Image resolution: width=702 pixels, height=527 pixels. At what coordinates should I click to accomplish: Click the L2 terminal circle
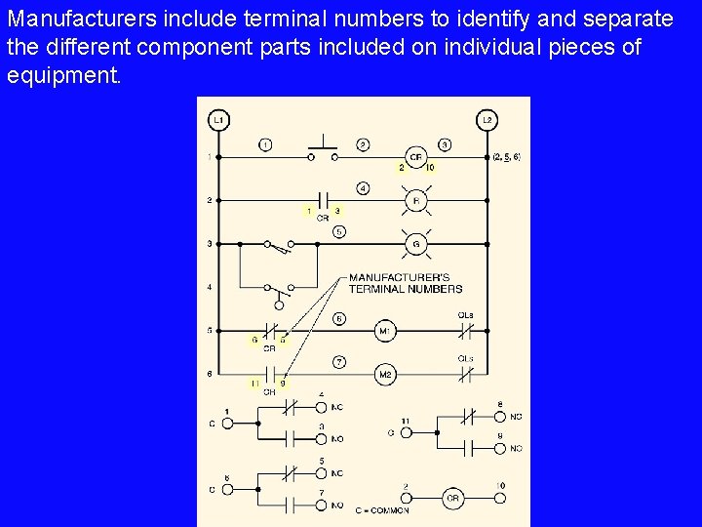(x=487, y=120)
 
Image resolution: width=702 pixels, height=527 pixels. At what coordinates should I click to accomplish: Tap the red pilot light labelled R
(x=415, y=200)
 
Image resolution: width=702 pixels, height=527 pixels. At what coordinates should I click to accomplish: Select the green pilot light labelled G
(x=415, y=242)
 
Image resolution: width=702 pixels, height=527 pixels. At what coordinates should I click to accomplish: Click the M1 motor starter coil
(x=385, y=332)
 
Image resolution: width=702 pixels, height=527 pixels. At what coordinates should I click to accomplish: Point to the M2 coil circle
(x=385, y=375)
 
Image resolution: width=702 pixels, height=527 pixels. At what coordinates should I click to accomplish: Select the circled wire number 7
(x=339, y=362)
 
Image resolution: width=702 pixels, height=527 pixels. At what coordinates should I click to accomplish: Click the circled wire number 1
(x=265, y=144)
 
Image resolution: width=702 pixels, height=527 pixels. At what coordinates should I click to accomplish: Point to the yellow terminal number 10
(x=431, y=168)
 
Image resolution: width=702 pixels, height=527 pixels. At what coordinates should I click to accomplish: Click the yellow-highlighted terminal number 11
(x=254, y=384)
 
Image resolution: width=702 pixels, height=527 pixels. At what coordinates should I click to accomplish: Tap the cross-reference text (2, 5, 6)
(x=507, y=156)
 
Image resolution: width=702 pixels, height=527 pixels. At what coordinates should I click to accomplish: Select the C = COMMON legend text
(x=382, y=509)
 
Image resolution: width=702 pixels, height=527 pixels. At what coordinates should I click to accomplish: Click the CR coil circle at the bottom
(x=451, y=497)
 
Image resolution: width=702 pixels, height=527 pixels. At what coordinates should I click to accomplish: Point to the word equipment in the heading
(x=63, y=75)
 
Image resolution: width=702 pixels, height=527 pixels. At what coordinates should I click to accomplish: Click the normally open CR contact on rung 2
(x=323, y=200)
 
